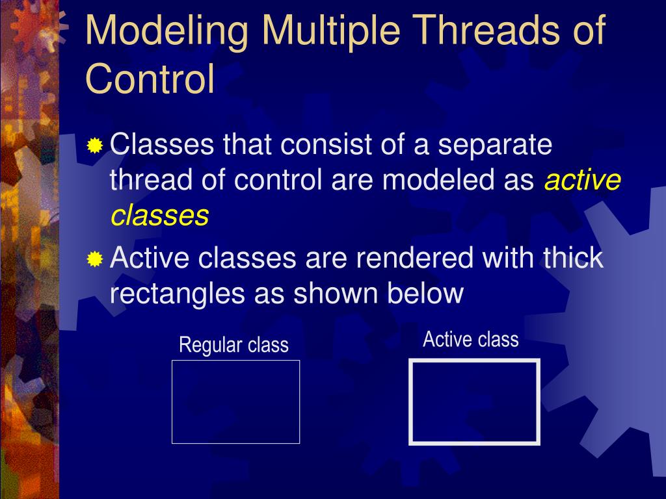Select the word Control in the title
(x=150, y=79)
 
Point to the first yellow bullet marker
(x=95, y=146)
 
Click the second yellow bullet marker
(x=95, y=259)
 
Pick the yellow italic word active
(x=583, y=180)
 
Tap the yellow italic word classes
(x=160, y=215)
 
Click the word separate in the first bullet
(x=495, y=146)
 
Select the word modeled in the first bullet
(x=438, y=179)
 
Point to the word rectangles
(x=178, y=294)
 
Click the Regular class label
(x=233, y=345)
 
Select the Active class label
(x=471, y=339)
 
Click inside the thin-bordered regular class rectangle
(x=235, y=402)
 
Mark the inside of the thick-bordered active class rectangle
(x=474, y=402)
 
